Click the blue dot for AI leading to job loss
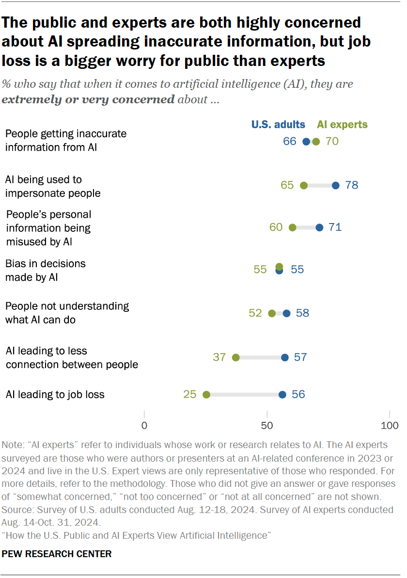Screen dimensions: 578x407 tap(282, 395)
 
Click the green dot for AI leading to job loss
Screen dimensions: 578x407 tap(206, 395)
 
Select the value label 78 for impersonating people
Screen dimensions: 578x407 tap(352, 185)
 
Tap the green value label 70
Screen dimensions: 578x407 tap(332, 142)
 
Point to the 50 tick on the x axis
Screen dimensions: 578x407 tap(267, 426)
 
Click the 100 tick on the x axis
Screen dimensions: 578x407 tap(390, 426)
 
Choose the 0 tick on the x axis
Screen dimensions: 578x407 tap(144, 426)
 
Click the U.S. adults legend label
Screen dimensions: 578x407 tap(278, 125)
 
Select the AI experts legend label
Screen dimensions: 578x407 tap(342, 125)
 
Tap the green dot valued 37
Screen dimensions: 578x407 tap(236, 357)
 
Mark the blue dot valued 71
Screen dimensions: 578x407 tap(319, 227)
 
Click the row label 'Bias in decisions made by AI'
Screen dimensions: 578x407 tap(45, 271)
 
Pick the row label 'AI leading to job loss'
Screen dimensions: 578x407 tap(55, 394)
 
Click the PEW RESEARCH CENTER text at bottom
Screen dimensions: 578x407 tap(57, 554)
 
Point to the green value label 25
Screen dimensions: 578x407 tap(190, 395)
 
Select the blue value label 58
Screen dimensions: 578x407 tap(302, 313)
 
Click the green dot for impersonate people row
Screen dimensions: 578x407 tap(304, 185)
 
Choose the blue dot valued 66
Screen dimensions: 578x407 tap(306, 142)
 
